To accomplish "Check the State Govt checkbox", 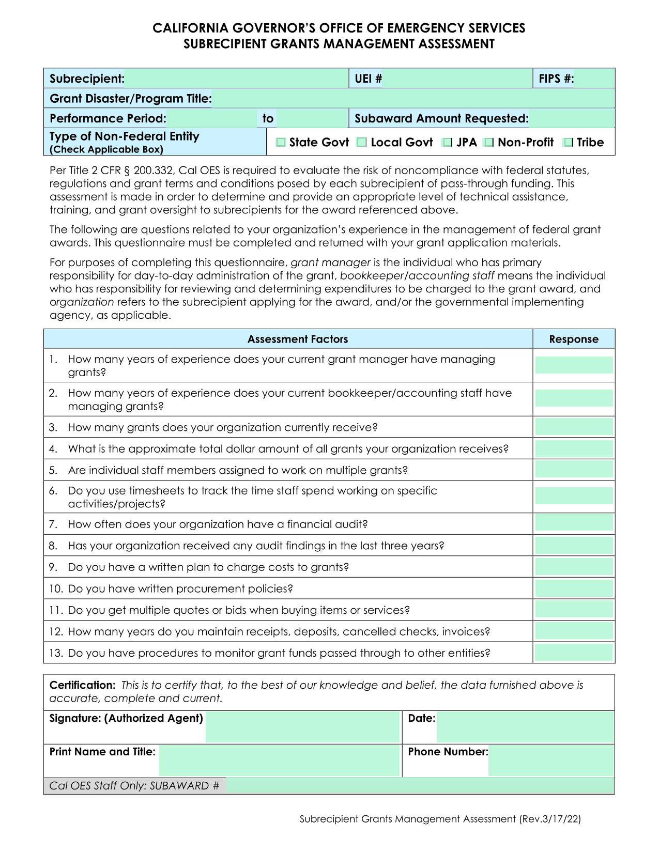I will (281, 143).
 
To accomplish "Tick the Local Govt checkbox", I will (362, 143).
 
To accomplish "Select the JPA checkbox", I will (448, 143).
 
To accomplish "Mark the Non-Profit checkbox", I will (488, 143).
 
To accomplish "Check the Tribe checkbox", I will (569, 143).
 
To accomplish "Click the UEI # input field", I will (457, 79).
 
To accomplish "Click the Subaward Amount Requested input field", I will (572, 119).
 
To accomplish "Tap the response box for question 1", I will (574, 365).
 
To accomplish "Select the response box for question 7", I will (574, 523).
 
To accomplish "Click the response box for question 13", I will (574, 653).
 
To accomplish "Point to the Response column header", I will (574, 339).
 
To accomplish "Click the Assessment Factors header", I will (298, 339).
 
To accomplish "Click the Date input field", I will (525, 726).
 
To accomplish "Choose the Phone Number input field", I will (550, 760).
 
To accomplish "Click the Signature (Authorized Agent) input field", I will (303, 726).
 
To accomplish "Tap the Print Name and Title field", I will (279, 760).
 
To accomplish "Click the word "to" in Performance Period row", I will (268, 119).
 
